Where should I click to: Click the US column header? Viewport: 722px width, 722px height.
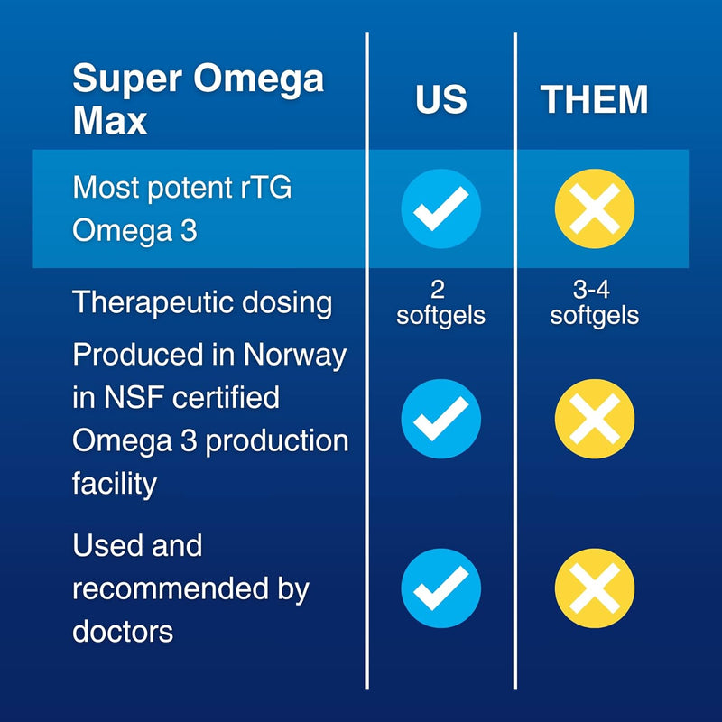point(440,99)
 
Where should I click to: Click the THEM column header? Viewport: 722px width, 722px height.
point(594,99)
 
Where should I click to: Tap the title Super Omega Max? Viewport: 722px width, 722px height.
point(198,98)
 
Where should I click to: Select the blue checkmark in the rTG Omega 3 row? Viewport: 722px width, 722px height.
point(440,209)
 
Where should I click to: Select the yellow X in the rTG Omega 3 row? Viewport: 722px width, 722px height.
point(594,209)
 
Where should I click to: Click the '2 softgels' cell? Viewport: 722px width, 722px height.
point(440,303)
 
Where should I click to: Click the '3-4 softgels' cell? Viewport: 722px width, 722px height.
point(594,303)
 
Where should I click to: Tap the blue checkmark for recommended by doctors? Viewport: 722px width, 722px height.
point(440,588)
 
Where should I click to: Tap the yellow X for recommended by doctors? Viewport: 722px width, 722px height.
point(594,588)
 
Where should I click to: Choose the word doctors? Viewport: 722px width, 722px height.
point(123,631)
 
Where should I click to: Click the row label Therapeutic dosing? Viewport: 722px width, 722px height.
point(202,302)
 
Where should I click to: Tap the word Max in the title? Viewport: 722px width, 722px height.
point(109,120)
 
